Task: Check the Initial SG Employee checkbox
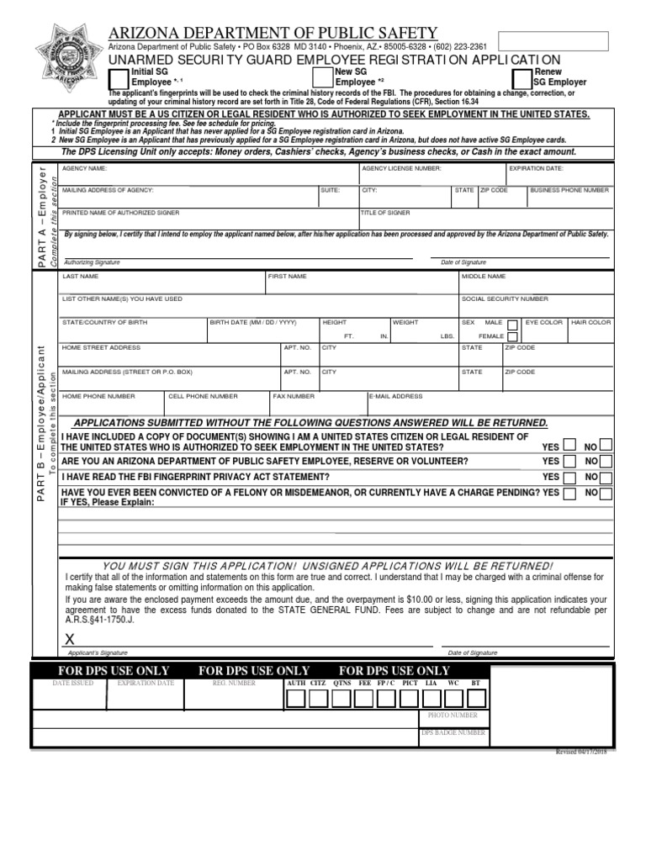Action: point(120,78)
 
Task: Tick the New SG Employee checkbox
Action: point(324,78)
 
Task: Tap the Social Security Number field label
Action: point(505,298)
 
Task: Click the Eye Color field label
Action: point(544,322)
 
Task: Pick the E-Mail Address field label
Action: point(395,396)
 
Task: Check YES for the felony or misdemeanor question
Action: point(569,494)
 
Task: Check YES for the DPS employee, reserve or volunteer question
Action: point(569,462)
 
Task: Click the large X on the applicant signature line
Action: point(71,640)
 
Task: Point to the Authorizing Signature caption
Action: point(93,262)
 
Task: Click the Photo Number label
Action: point(453,716)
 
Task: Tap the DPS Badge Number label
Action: point(453,732)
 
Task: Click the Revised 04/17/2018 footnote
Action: point(581,752)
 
